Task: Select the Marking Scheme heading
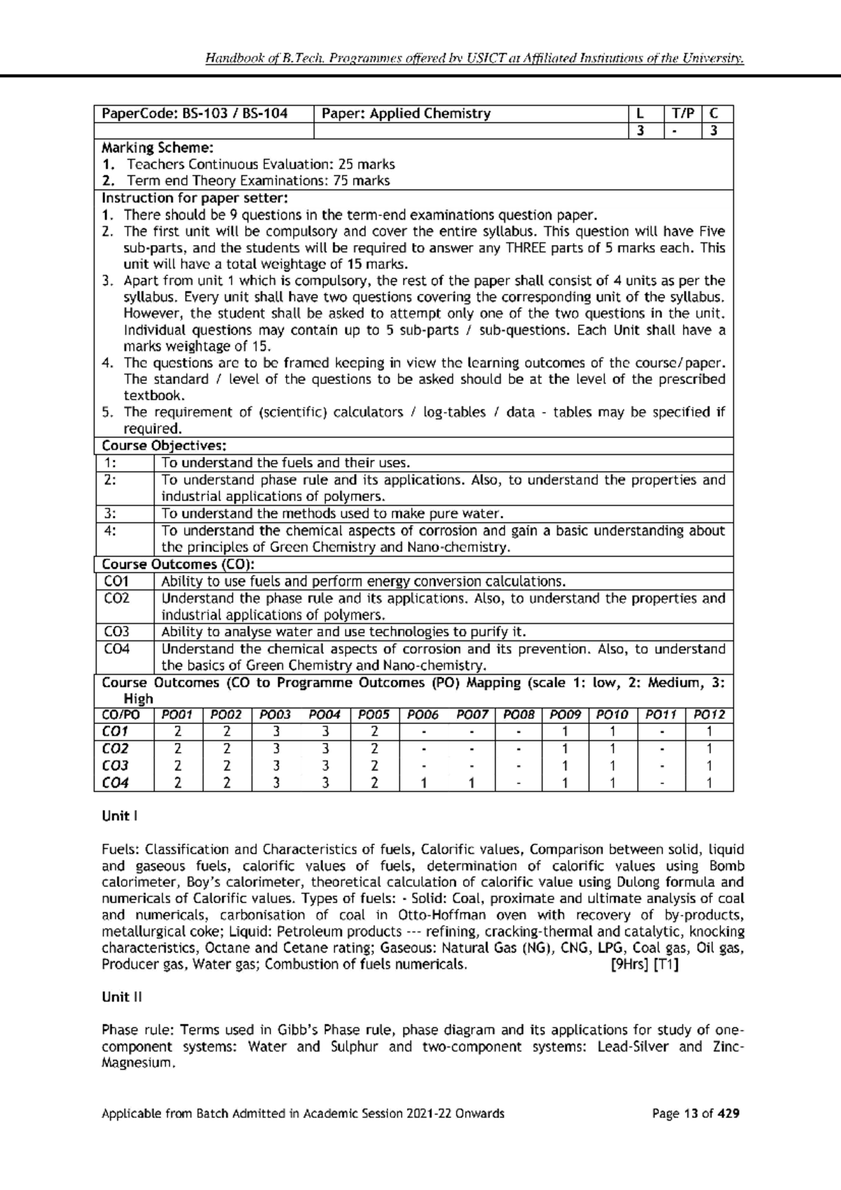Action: coord(158,147)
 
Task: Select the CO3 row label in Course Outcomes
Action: coord(116,631)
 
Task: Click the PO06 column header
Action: coord(423,715)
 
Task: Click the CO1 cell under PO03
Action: coord(276,732)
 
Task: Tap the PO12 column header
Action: coord(709,715)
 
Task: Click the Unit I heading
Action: coord(116,816)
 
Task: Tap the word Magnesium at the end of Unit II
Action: coord(136,1063)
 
